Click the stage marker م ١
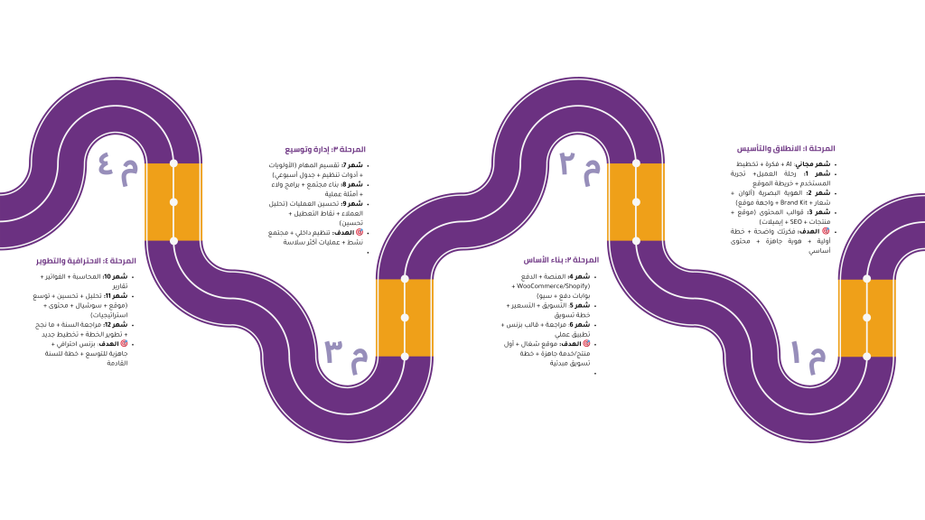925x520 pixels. (x=808, y=354)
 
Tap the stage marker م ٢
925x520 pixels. (x=579, y=165)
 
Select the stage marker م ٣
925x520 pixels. (x=346, y=354)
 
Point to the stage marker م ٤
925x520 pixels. (x=117, y=166)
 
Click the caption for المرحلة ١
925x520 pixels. (x=786, y=148)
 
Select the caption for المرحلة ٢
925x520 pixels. (x=561, y=260)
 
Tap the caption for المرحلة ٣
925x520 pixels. (x=325, y=150)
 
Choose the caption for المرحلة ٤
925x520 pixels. (x=86, y=261)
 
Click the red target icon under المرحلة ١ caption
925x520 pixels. (x=826, y=231)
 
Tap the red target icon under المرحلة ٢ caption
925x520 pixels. (x=586, y=343)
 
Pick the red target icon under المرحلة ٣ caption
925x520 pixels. (x=360, y=232)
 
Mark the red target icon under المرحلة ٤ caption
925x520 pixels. (x=124, y=343)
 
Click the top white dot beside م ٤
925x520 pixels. (x=173, y=163)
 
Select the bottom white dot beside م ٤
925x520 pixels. (x=173, y=241)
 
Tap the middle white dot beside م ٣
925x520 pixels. (x=405, y=318)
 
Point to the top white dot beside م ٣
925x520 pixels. (x=405, y=279)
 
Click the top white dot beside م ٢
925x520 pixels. (x=636, y=163)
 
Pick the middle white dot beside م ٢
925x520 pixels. (x=636, y=202)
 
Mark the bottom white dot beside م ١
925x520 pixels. (x=867, y=357)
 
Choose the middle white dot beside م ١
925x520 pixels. (x=867, y=318)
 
